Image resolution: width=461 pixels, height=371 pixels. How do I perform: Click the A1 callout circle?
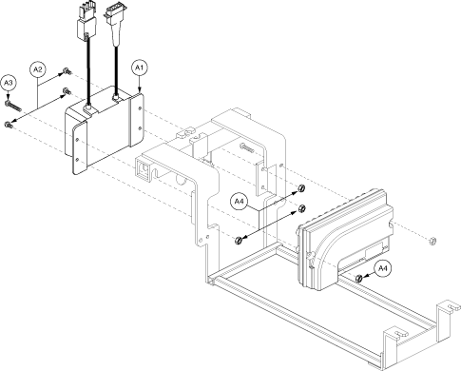(140, 68)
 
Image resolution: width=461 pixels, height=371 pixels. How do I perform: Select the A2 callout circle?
(38, 69)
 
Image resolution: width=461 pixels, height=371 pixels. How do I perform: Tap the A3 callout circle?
(8, 83)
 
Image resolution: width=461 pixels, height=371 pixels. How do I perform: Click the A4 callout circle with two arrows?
(240, 201)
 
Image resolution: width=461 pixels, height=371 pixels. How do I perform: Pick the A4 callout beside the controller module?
(383, 268)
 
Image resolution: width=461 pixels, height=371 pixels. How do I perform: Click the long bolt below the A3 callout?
(13, 106)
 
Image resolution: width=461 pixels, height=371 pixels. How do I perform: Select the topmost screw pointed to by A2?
(67, 71)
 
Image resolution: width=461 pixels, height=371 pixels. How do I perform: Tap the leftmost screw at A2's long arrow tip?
(8, 125)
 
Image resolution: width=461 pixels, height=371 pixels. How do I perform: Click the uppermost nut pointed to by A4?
(301, 188)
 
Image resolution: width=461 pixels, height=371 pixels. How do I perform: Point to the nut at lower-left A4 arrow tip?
(239, 241)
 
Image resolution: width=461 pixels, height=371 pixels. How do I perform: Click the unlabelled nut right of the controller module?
(432, 241)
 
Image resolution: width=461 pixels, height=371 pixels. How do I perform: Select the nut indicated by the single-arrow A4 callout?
(358, 279)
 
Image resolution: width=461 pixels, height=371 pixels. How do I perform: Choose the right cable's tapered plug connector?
(115, 24)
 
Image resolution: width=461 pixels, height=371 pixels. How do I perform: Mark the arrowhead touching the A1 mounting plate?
(140, 90)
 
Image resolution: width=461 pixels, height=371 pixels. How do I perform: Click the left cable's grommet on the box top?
(88, 108)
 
